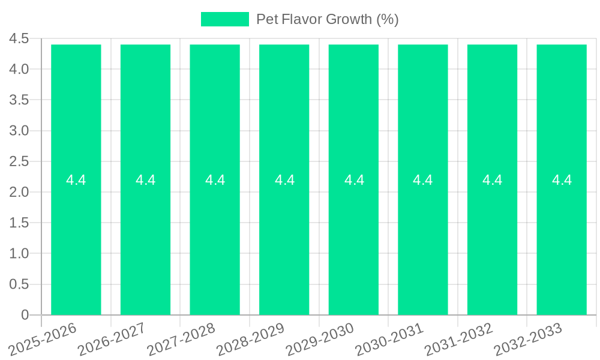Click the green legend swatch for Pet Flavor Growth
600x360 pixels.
(224, 19)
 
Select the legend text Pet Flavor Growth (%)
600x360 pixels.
(327, 19)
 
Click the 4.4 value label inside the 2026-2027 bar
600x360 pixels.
(145, 180)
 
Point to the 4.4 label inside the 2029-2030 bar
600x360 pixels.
(354, 180)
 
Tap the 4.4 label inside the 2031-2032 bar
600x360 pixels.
(493, 180)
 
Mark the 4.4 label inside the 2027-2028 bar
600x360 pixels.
(215, 180)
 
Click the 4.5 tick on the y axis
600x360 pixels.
(19, 39)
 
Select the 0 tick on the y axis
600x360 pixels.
(25, 315)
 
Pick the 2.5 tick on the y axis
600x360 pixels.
(19, 161)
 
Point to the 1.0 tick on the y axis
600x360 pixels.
(19, 254)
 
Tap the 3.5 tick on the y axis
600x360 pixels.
(19, 100)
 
